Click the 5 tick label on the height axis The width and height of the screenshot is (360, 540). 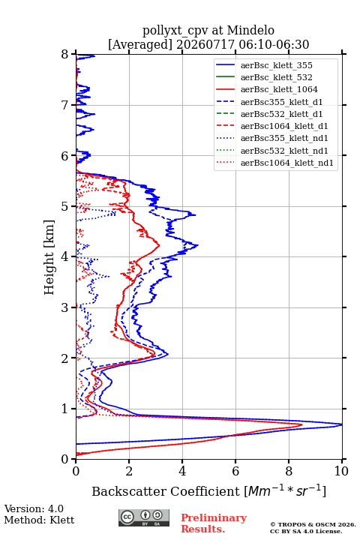pyautogui.click(x=65, y=206)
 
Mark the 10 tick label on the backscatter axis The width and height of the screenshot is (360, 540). pyautogui.click(x=341, y=471)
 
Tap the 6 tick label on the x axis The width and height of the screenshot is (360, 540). pyautogui.click(x=235, y=471)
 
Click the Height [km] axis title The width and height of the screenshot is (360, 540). pyautogui.click(x=49, y=257)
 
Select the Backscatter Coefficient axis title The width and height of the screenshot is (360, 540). pyautogui.click(x=208, y=490)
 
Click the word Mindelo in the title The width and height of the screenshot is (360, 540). pyautogui.click(x=250, y=30)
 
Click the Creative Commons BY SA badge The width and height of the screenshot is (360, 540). pyautogui.click(x=144, y=517)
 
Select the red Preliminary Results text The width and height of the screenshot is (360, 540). pyautogui.click(x=214, y=523)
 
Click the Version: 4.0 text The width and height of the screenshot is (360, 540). pyautogui.click(x=34, y=508)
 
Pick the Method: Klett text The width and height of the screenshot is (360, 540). pyautogui.click(x=39, y=520)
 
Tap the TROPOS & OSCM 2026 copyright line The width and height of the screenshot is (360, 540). pyautogui.click(x=313, y=524)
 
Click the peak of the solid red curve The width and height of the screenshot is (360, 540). pyautogui.click(x=301, y=424)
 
